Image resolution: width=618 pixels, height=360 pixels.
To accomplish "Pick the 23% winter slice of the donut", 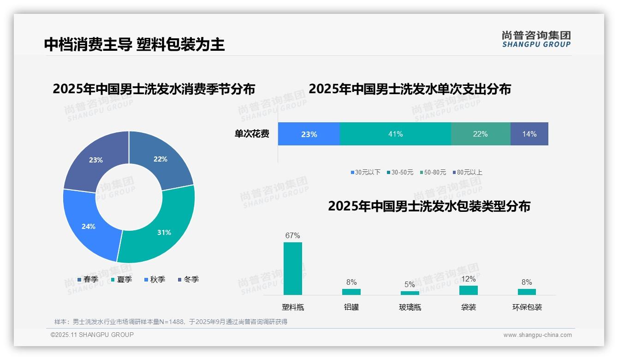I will (95, 159).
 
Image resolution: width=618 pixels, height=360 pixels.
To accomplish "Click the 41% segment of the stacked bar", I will (395, 134).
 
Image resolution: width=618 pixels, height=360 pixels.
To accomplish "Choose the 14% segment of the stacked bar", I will (529, 134).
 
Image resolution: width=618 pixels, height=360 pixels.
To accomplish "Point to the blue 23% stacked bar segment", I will (309, 134).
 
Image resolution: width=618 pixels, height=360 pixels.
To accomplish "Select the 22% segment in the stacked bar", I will (480, 134).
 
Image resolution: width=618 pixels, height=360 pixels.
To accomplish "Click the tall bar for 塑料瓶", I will (292, 269).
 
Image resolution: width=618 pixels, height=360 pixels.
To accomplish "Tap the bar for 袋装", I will (468, 290).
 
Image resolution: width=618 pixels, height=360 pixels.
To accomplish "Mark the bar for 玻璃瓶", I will (410, 293).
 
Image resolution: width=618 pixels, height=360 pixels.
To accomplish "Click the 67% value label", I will (292, 235).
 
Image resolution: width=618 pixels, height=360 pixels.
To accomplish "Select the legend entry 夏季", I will (122, 280).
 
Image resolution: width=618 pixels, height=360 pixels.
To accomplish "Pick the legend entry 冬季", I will (188, 280).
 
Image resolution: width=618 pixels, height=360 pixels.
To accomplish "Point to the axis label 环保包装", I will (527, 307).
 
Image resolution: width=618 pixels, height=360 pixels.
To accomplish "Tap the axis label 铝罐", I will (351, 307).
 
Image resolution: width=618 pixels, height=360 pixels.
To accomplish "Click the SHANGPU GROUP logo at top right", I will (536, 39).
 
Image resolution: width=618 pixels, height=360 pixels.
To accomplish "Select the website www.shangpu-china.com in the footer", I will (537, 335).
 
